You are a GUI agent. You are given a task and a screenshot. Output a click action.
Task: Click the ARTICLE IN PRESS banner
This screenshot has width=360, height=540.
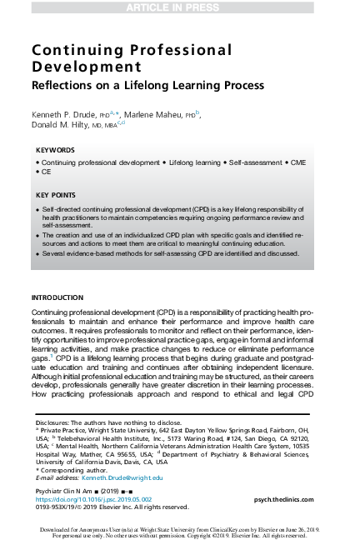point(179,7)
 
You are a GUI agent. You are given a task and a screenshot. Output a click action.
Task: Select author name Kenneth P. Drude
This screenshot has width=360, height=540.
point(62,114)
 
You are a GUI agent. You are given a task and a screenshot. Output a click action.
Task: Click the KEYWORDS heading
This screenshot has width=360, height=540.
point(55,150)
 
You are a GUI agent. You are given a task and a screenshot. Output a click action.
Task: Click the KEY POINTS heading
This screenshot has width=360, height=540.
point(57,195)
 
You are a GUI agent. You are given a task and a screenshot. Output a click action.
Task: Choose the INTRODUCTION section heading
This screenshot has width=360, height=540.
point(57,297)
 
